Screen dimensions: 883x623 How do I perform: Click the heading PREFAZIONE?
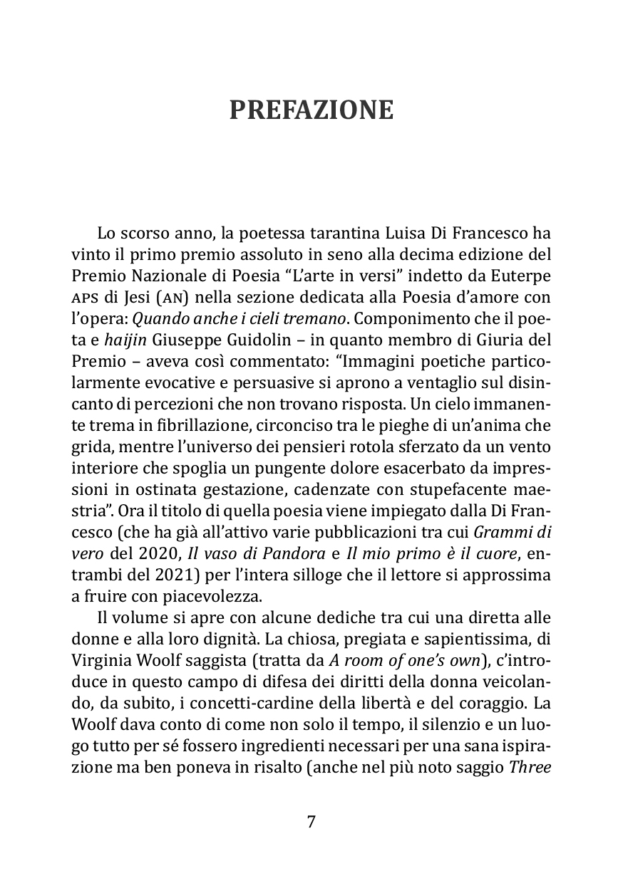click(x=311, y=110)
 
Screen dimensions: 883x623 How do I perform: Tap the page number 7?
click(x=311, y=822)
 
